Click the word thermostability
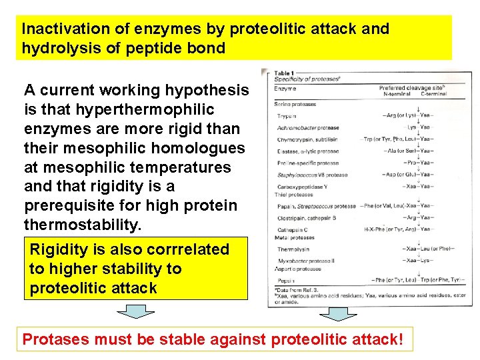tap(83, 225)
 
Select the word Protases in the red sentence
tap(56, 339)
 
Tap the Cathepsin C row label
tap(293, 228)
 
